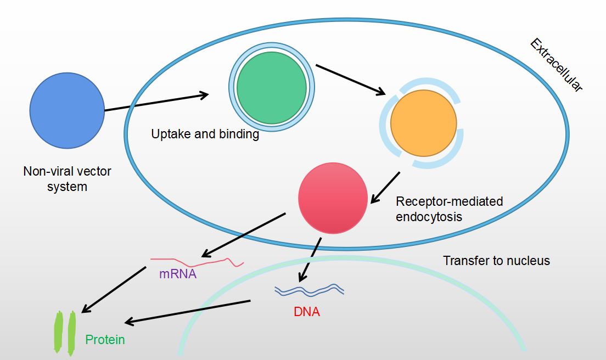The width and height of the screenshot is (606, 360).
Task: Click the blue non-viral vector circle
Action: click(67, 110)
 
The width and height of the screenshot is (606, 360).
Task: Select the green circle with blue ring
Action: click(271, 88)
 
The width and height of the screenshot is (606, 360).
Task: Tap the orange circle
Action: click(423, 123)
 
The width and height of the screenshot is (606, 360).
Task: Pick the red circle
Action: click(333, 198)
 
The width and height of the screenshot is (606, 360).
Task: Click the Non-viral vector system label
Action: click(67, 179)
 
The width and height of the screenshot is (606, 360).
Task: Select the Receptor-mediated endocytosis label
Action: click(449, 209)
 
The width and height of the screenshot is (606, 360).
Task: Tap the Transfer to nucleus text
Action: click(496, 261)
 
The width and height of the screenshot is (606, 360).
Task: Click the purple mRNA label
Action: click(178, 273)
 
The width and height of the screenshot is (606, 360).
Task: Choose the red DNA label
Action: click(307, 312)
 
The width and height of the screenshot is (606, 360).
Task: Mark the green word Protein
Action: click(105, 340)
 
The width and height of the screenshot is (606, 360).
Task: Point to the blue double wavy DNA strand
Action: click(310, 289)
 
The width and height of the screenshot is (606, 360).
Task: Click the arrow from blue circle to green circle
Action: click(156, 103)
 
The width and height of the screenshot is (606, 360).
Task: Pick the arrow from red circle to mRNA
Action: click(244, 235)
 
